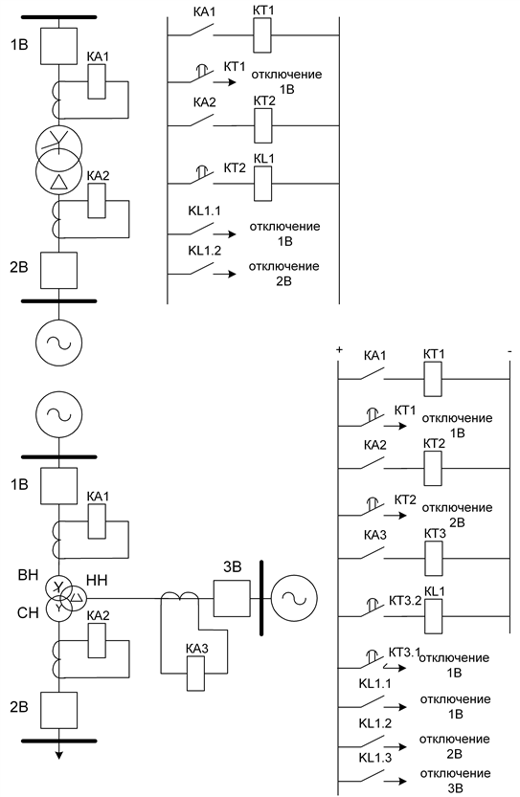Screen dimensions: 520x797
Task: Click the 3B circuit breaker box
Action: pyautogui.click(x=232, y=598)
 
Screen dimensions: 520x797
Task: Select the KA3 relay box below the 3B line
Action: pyautogui.click(x=196, y=673)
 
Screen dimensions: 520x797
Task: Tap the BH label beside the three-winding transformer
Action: pyautogui.click(x=28, y=575)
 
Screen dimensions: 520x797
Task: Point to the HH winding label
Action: pyautogui.click(x=97, y=580)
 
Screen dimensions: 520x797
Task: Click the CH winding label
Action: pyautogui.click(x=28, y=612)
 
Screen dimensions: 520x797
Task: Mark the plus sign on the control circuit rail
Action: pyautogui.click(x=339, y=350)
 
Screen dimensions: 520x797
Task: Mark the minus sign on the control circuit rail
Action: pyautogui.click(x=509, y=351)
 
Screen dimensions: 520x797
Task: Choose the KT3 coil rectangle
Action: pyautogui.click(x=434, y=559)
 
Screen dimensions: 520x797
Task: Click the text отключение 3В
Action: pyautogui.click(x=455, y=781)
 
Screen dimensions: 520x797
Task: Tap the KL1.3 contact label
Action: pyautogui.click(x=375, y=758)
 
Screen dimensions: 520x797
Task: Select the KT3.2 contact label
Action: pyautogui.click(x=405, y=600)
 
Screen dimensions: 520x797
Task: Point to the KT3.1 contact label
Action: pyautogui.click(x=404, y=652)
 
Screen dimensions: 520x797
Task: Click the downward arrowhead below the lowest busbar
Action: pyautogui.click(x=59, y=755)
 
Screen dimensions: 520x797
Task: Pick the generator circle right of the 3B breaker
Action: pyautogui.click(x=294, y=598)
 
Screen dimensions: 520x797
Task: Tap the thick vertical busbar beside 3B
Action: pyautogui.click(x=261, y=598)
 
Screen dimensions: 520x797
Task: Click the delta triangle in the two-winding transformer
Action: pyautogui.click(x=59, y=182)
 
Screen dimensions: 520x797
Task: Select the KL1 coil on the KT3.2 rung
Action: pyautogui.click(x=434, y=616)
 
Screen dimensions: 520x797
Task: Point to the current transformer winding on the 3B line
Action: pyautogui.click(x=180, y=595)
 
